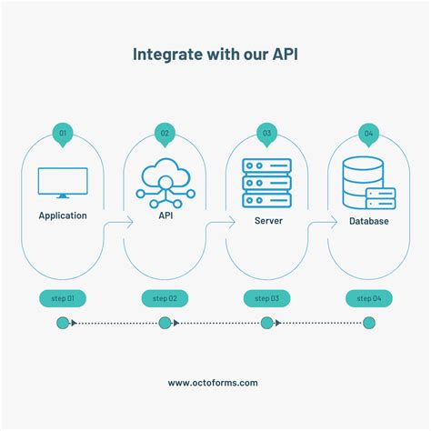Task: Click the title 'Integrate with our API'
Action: click(x=215, y=54)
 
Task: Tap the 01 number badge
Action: click(x=63, y=134)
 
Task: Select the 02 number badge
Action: click(x=165, y=134)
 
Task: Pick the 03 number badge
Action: click(x=266, y=134)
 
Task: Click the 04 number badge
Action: click(x=368, y=134)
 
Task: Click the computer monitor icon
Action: click(x=63, y=183)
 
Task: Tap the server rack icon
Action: click(x=266, y=182)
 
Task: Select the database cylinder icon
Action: click(x=367, y=184)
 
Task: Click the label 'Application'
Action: click(x=63, y=216)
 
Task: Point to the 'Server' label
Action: click(x=266, y=221)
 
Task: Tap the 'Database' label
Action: click(x=368, y=221)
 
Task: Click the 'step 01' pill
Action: click(x=63, y=297)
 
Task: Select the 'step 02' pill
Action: click(x=165, y=297)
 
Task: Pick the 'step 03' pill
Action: click(x=266, y=297)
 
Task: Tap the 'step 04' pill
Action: click(x=368, y=297)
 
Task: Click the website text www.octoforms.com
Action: click(x=215, y=383)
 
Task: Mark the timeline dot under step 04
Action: click(x=368, y=322)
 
